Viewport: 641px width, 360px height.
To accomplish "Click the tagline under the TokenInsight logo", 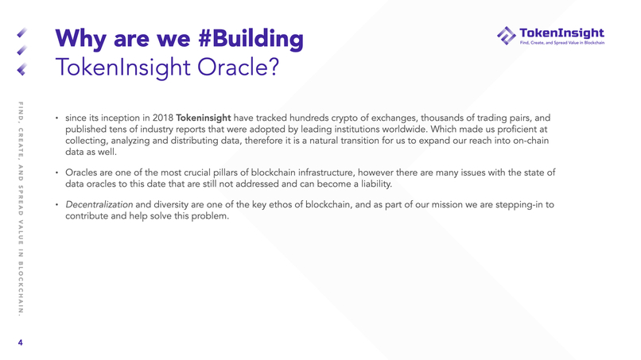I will click(561, 43).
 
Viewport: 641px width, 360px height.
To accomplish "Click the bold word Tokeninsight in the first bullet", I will click(203, 118).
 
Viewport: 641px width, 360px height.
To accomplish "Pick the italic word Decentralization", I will click(99, 206).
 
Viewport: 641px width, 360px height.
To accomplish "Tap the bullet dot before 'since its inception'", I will click(56, 119).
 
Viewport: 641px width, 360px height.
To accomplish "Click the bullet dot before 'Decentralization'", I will click(56, 207).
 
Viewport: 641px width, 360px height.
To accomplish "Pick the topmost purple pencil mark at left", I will click(23, 34).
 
